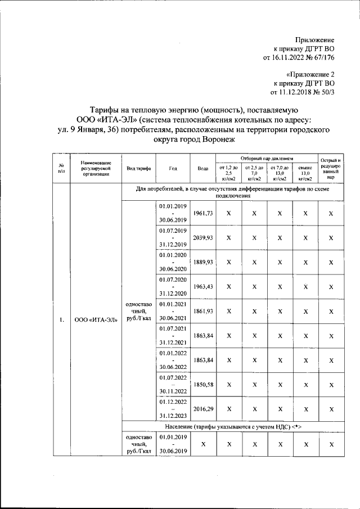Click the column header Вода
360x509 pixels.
tap(203, 168)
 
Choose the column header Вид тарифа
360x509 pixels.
tap(138, 168)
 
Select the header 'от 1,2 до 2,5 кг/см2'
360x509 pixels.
tap(229, 173)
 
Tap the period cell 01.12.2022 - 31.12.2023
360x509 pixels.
tap(173, 409)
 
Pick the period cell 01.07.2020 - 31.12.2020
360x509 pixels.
tap(173, 286)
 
